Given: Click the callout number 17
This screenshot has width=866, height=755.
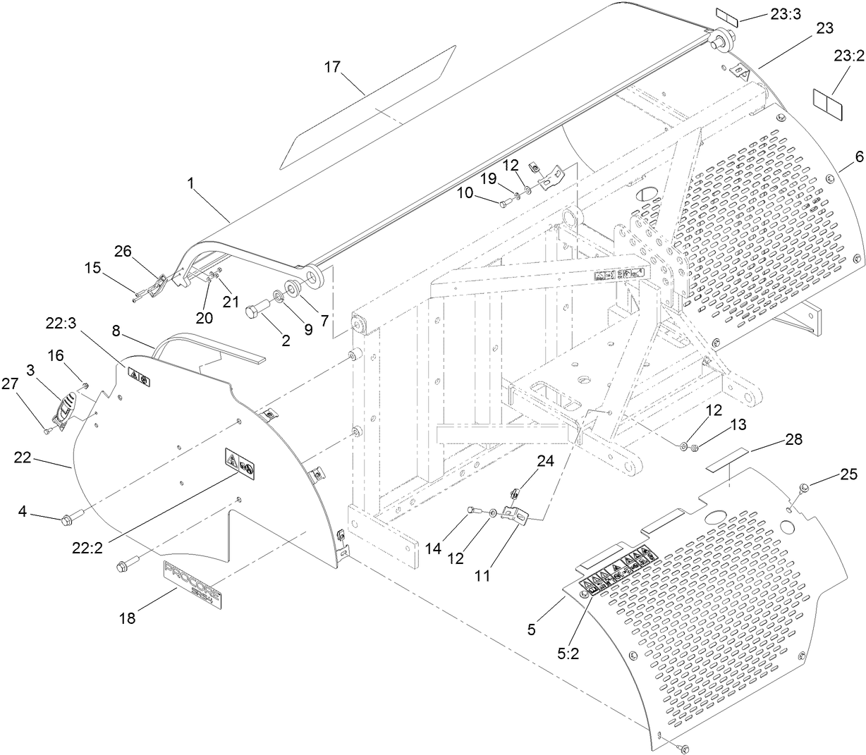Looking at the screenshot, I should (332, 67).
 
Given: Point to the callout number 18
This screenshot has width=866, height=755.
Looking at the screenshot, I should (128, 618).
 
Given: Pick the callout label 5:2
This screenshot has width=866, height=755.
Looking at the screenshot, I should (568, 653).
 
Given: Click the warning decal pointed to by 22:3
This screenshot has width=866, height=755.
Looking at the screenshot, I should (138, 376).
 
